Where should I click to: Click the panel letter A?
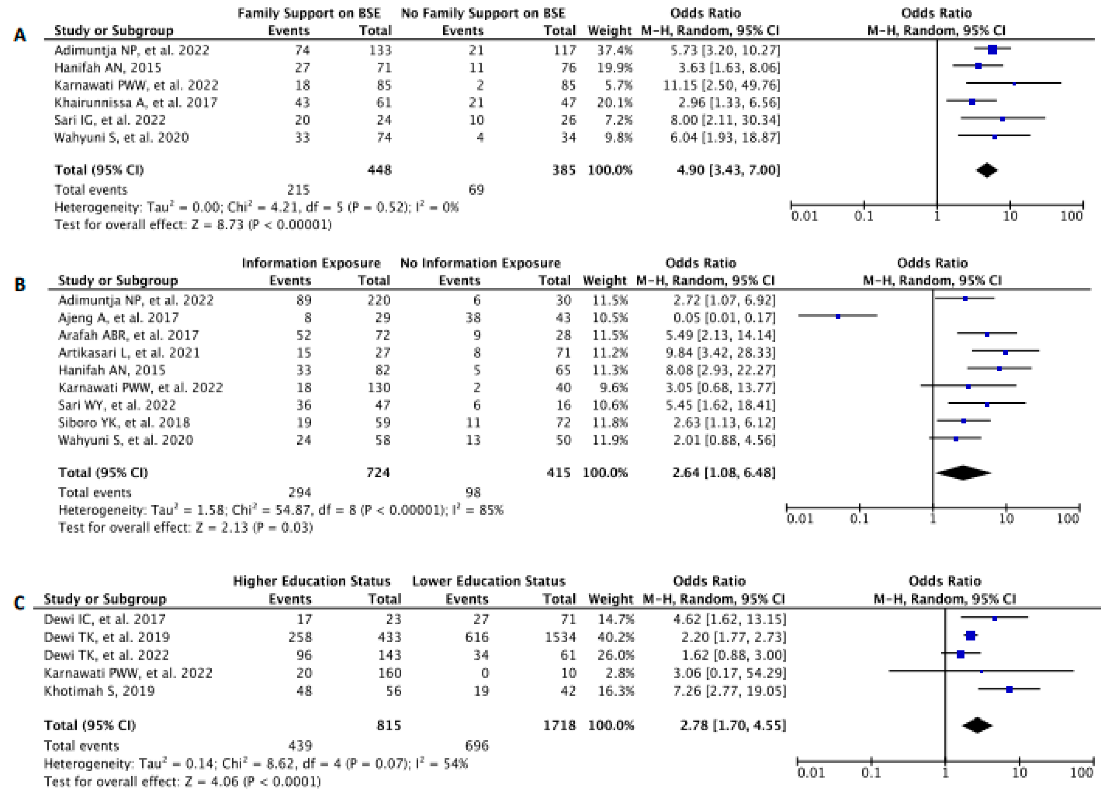[19, 35]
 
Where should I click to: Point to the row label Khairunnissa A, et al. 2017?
[136, 103]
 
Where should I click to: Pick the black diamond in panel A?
[987, 170]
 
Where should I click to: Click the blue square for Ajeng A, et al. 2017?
[838, 317]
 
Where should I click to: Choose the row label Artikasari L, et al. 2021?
[129, 353]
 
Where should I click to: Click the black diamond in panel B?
[963, 473]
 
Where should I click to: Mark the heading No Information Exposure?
[480, 263]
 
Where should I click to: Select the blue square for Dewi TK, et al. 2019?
[971, 636]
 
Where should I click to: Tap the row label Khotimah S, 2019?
[99, 691]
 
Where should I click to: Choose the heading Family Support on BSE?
[309, 13]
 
